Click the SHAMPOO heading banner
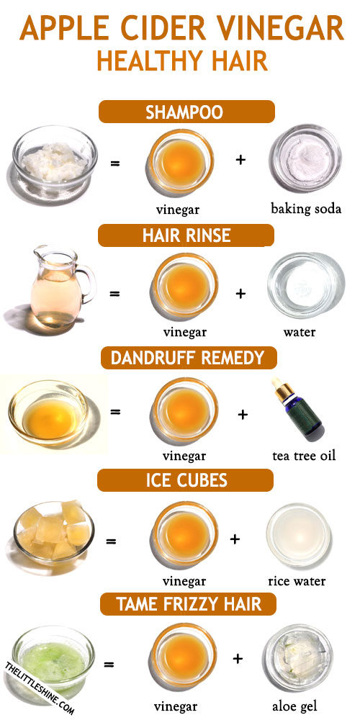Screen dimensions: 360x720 coord(186,112)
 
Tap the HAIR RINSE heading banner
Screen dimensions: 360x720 coord(186,235)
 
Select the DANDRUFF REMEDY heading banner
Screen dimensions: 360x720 coord(189,358)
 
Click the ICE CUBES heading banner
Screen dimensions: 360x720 coord(186,480)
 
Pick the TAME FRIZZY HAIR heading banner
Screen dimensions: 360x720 coord(188,603)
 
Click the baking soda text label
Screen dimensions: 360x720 coord(306,210)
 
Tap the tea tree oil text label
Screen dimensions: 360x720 coord(304,456)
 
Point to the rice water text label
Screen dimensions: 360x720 coord(297,581)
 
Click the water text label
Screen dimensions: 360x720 coord(300,331)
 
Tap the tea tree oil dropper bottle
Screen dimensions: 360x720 coord(297,408)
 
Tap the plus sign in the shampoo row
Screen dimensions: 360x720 coord(240,160)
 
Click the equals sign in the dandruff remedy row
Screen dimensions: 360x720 coord(115,411)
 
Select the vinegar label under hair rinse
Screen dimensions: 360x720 coord(184,331)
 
